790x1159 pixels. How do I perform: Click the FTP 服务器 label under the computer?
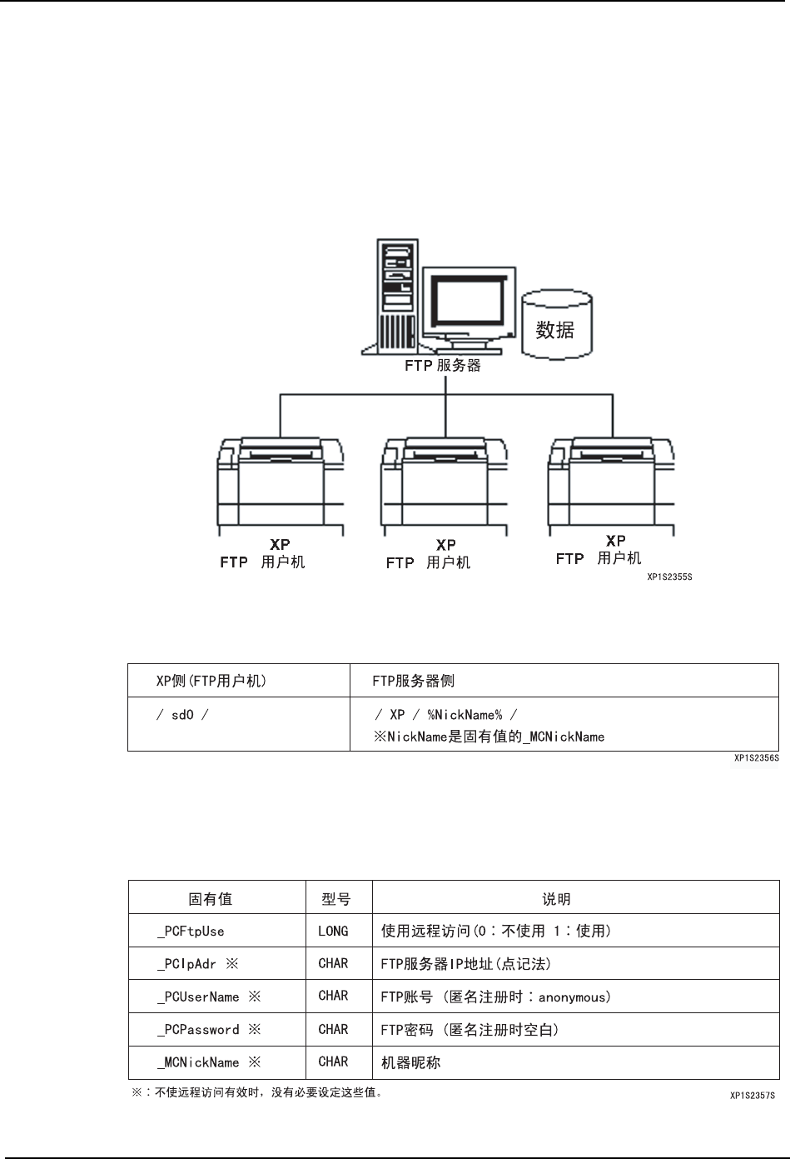pos(442,365)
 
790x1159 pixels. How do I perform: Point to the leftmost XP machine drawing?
pos(281,486)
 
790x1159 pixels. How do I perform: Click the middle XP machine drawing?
pos(445,486)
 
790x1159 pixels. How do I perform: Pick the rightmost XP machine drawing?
pos(611,486)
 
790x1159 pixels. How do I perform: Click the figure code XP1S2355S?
pos(669,576)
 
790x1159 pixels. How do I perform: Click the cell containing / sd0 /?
pos(182,715)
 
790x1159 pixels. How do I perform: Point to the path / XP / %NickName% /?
pos(445,715)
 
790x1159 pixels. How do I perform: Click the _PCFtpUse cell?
pos(191,931)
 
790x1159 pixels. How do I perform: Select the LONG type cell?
pos(333,931)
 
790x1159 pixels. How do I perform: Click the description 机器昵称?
pos(410,1062)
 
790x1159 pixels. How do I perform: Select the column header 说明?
pos(556,899)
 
